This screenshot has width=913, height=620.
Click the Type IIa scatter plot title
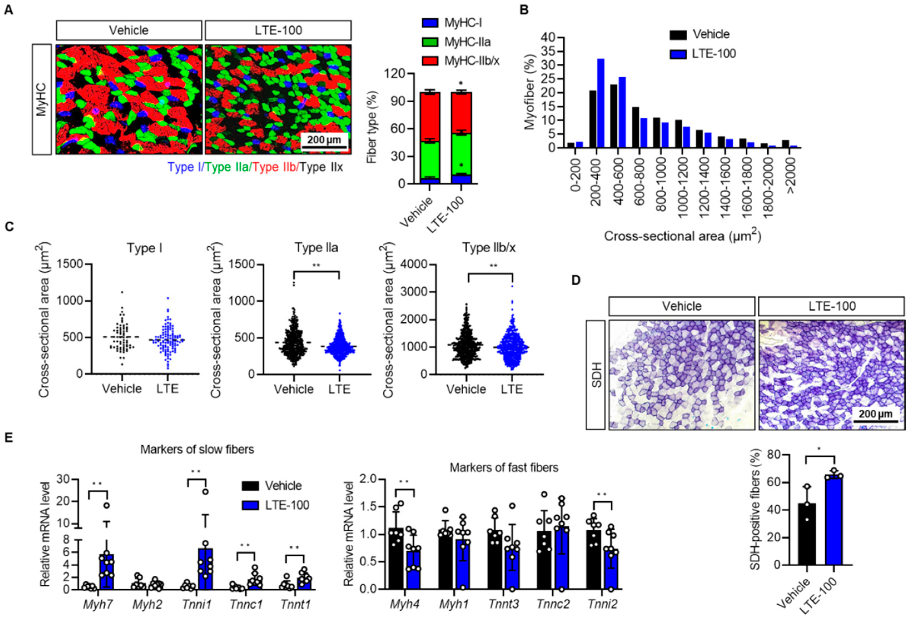pos(316,248)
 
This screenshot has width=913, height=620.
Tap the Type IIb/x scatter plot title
pos(488,248)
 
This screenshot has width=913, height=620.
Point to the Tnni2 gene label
pos(602,604)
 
